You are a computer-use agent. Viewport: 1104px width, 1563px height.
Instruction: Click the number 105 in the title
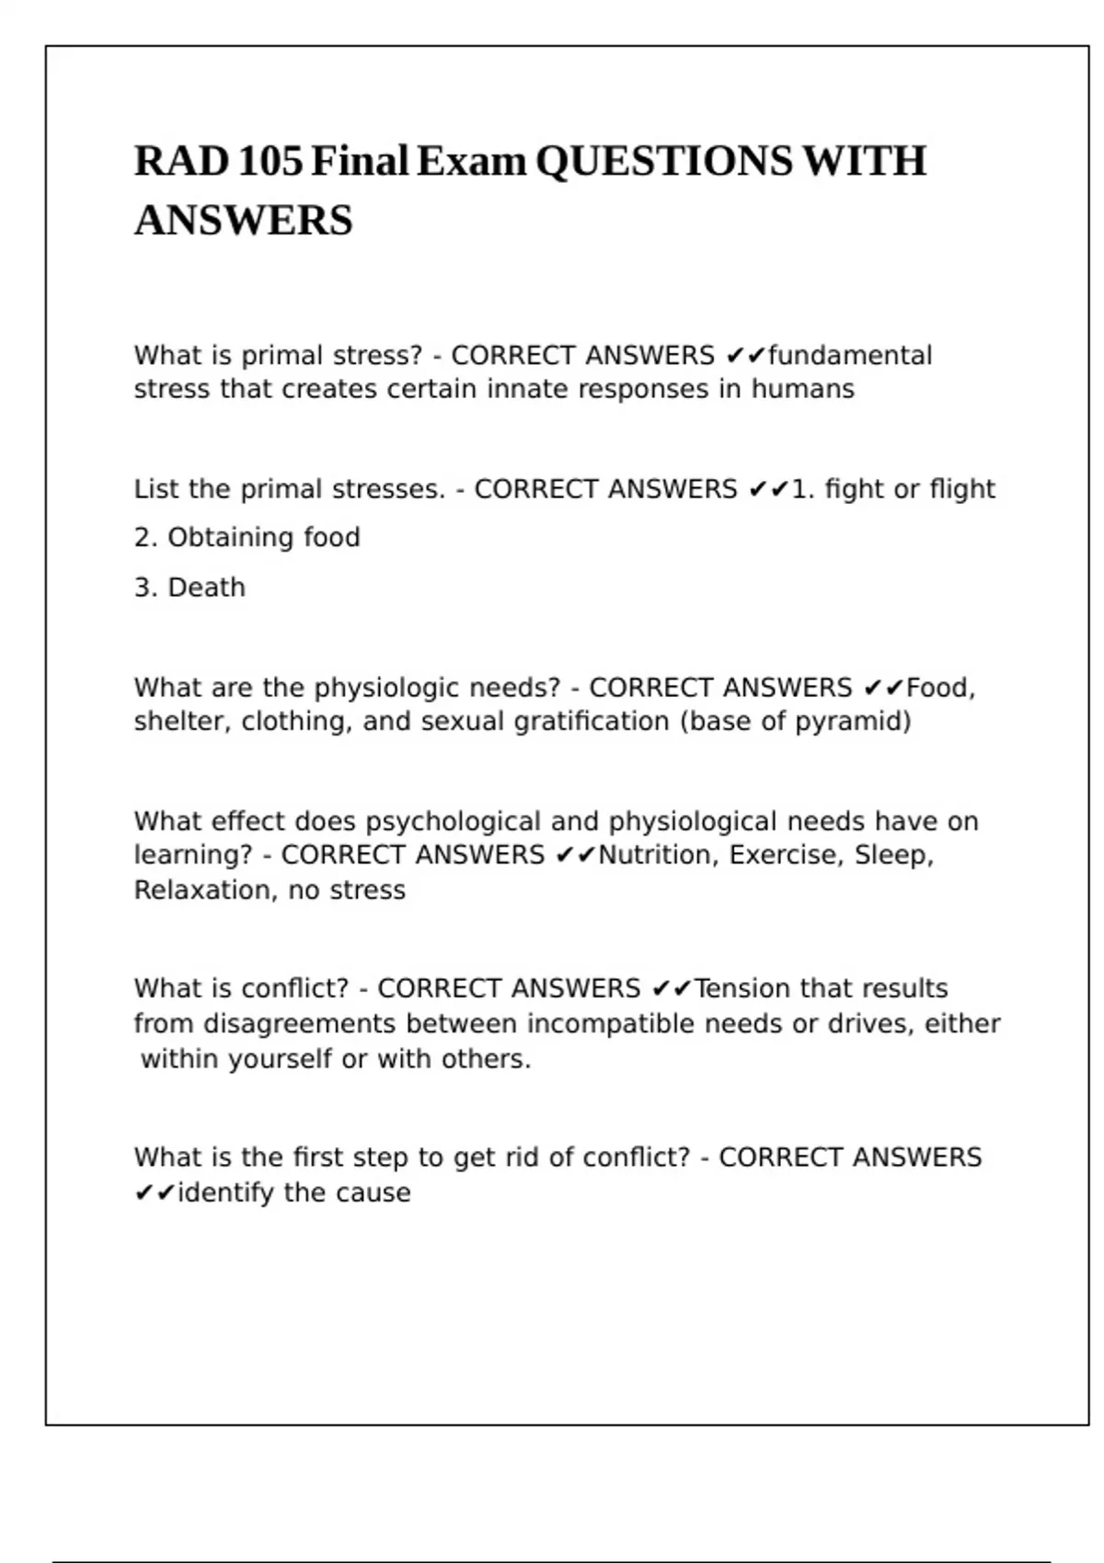[270, 162]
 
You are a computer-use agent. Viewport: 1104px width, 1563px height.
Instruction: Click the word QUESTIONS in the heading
[663, 162]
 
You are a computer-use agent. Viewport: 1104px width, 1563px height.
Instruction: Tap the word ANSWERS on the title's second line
[244, 221]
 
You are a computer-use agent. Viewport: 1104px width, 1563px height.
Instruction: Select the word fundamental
[850, 356]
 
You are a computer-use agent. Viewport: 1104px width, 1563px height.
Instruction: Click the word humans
[802, 390]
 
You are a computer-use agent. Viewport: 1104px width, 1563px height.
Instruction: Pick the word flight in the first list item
[962, 489]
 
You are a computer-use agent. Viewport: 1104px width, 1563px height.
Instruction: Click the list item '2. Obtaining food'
[247, 538]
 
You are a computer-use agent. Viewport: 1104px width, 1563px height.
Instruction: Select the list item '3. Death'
[190, 588]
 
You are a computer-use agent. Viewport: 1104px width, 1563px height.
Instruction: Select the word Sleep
[892, 855]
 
